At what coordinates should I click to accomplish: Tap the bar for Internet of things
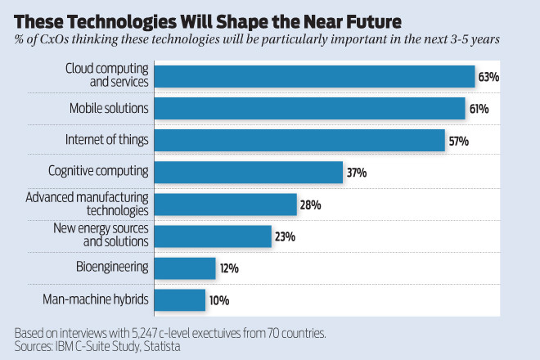tap(299, 140)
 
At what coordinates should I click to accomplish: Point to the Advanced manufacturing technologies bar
tap(225, 204)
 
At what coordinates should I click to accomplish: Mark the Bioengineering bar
tap(185, 268)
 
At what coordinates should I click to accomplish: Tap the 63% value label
tap(488, 77)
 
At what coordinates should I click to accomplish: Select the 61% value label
tap(479, 109)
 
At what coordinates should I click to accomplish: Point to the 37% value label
tap(356, 173)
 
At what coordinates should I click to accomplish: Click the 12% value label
tap(228, 268)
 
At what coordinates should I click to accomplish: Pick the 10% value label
tap(218, 300)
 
